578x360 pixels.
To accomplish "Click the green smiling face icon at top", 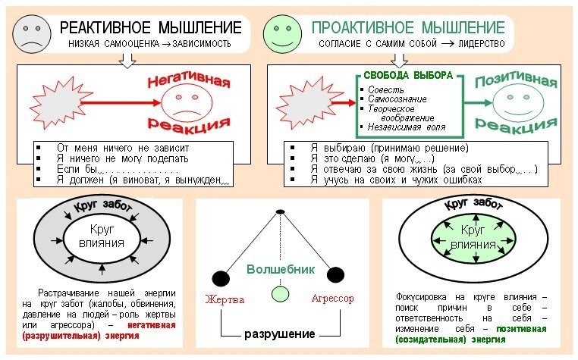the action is tap(281, 33).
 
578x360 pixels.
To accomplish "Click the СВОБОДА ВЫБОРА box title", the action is tap(408, 76).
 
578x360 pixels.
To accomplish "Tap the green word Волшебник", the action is tap(281, 269).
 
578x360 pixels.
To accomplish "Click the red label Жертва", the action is tap(225, 299).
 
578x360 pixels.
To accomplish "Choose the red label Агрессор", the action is tap(332, 299).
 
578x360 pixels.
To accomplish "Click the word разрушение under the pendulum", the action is tap(280, 333).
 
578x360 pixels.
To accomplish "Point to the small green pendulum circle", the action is tap(281, 293).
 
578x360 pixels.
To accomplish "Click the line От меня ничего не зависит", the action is tap(122, 147).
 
